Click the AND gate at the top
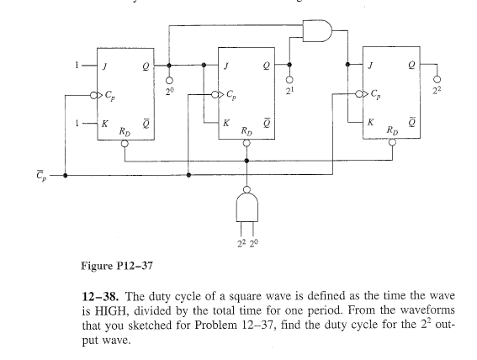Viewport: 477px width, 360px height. coord(317,31)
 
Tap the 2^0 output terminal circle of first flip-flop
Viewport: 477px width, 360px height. coord(169,80)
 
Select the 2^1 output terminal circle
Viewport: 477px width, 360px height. coord(289,80)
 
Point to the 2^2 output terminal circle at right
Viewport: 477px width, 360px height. coord(437,79)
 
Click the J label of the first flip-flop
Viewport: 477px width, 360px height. coord(104,66)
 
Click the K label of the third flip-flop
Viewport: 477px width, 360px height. coord(370,122)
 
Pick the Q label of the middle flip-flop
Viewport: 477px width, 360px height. coord(267,66)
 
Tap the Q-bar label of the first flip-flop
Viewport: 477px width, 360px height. coord(146,124)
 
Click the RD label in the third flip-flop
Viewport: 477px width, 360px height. coord(392,130)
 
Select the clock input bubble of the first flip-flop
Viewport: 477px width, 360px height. coord(93,96)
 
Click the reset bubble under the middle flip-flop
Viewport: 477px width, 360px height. coord(246,143)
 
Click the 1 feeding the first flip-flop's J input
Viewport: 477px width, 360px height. coord(77,65)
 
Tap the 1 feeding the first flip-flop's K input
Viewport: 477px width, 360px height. coord(77,123)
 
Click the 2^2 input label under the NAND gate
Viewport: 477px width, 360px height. coord(241,244)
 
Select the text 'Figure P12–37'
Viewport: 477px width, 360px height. coord(117,266)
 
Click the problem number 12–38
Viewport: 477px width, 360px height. coord(100,296)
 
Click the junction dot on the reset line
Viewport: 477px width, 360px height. coord(246,161)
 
